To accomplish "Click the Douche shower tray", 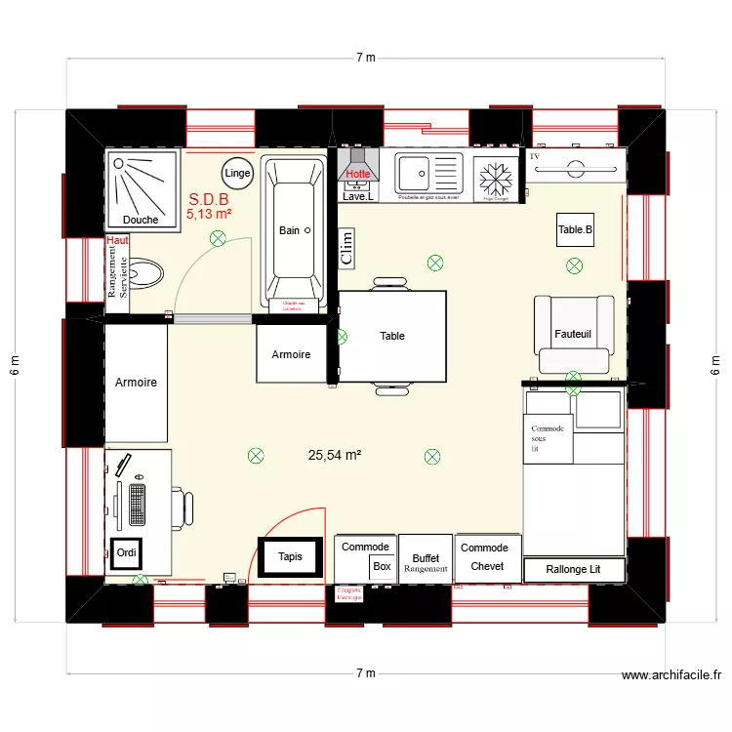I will (x=143, y=189).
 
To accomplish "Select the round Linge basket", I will (x=237, y=174).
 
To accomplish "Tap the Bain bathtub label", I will (x=290, y=230).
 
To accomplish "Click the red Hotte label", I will (x=358, y=174).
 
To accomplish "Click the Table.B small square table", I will (x=575, y=230).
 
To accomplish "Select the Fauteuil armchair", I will (x=574, y=334).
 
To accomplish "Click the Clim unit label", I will (x=345, y=249).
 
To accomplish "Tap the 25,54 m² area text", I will (x=335, y=455).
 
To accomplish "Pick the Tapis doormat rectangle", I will (x=290, y=557).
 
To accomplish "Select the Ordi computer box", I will (x=127, y=553).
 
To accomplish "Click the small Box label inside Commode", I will (x=382, y=566).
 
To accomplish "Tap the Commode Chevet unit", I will (x=485, y=557).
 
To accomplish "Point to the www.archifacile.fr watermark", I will (x=671, y=674).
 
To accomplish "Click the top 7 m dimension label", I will (x=365, y=58).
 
